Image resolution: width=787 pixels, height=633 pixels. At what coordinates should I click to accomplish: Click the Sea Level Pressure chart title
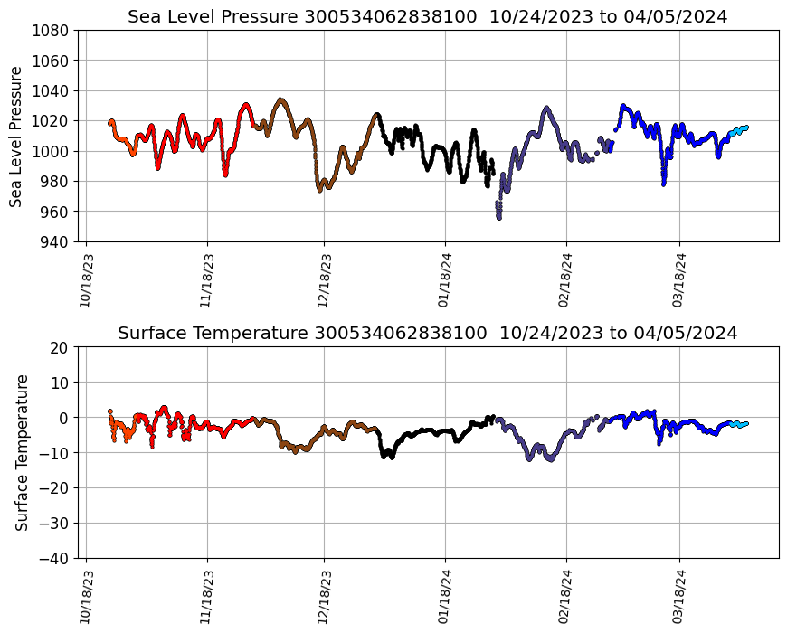(427, 17)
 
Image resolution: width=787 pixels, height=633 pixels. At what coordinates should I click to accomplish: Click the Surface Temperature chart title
(427, 334)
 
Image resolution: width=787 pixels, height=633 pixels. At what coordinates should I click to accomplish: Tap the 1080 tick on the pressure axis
(52, 30)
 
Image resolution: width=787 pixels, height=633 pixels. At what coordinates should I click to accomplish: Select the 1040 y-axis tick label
(52, 90)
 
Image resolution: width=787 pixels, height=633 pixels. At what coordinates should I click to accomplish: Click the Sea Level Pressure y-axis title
(17, 136)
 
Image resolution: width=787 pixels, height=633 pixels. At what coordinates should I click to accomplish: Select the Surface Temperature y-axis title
(22, 452)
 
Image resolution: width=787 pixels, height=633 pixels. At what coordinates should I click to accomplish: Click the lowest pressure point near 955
(498, 216)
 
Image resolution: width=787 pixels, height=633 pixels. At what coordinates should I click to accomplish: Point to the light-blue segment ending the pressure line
(738, 129)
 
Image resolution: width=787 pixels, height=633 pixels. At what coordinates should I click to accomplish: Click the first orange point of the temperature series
(110, 411)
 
